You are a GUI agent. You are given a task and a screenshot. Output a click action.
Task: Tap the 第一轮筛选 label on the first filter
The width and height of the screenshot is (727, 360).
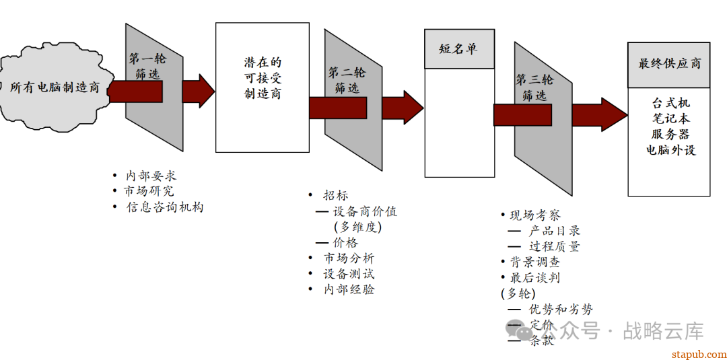[147, 66]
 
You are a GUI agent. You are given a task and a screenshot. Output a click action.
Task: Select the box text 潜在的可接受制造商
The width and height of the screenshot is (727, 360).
[263, 78]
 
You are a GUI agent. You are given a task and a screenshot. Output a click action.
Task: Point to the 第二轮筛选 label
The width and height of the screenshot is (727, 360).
[347, 79]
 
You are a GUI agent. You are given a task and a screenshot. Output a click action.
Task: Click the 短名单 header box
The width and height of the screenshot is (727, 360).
[458, 49]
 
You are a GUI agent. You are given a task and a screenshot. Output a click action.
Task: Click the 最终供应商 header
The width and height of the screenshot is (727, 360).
[669, 64]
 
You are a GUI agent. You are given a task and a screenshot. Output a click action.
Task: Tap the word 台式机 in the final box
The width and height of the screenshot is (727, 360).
[670, 103]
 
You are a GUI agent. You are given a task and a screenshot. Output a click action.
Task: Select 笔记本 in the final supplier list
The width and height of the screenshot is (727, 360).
[670, 118]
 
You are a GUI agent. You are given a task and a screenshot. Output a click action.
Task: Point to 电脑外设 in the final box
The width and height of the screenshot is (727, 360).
[670, 149]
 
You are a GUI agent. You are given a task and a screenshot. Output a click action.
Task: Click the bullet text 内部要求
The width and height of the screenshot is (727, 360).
[151, 176]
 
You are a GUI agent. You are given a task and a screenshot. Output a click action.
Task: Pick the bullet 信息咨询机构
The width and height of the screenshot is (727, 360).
[165, 207]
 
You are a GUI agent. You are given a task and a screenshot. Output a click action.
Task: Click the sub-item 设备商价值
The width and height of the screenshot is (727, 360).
[366, 211]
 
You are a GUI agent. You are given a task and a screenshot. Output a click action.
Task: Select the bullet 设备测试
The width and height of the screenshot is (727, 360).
[349, 274]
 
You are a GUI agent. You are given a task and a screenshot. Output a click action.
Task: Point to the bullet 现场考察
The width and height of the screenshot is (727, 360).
[535, 215]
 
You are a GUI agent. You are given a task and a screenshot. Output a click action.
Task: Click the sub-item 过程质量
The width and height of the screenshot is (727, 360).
[554, 246]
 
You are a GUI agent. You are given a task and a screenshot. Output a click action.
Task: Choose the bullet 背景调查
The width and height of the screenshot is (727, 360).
[534, 262]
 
